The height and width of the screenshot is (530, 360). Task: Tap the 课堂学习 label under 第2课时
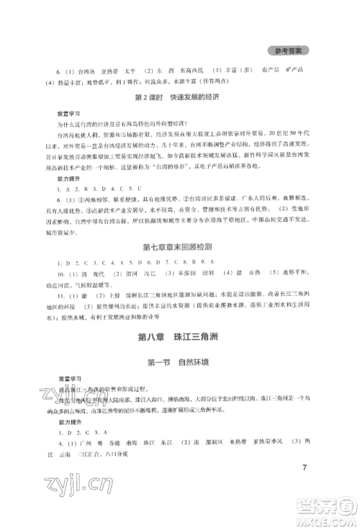(x=68, y=114)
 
